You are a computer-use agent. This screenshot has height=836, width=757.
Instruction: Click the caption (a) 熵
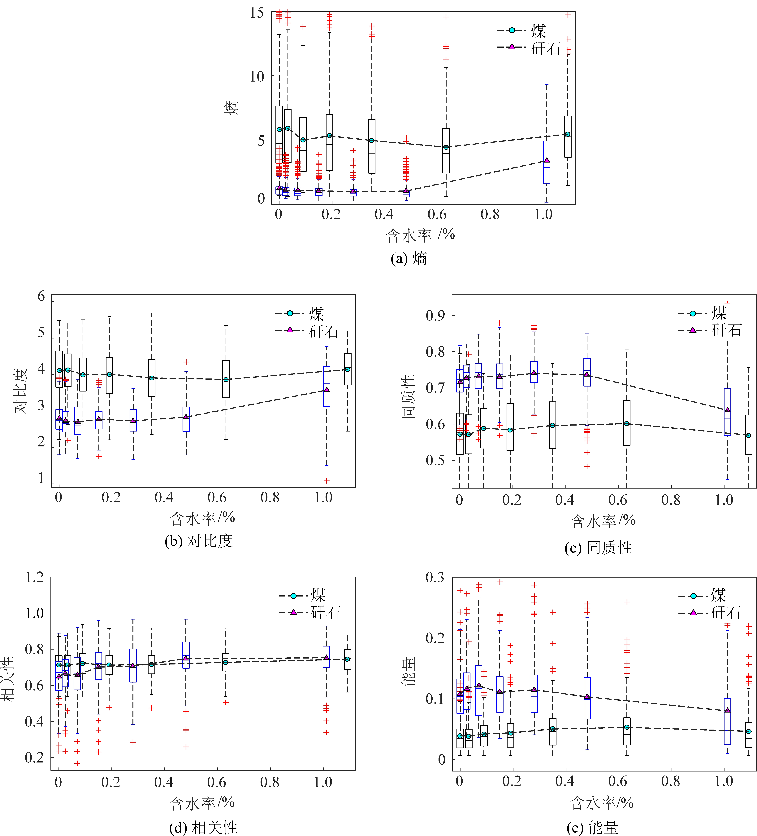tap(409, 259)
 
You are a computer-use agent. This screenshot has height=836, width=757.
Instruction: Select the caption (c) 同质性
tap(598, 548)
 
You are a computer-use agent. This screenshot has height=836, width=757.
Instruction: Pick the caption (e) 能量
tap(593, 827)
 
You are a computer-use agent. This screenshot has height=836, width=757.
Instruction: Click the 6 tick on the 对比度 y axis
tap(41, 296)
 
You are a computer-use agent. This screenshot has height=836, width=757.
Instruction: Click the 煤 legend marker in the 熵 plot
tap(512, 30)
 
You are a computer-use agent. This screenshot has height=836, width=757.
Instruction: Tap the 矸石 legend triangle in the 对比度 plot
tap(290, 330)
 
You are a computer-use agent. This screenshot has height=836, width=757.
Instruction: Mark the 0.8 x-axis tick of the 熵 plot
tap(490, 214)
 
